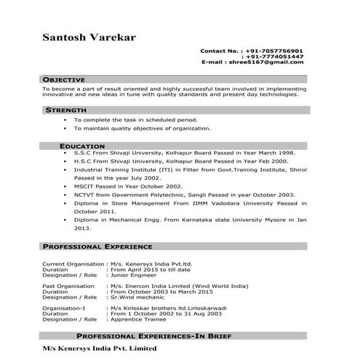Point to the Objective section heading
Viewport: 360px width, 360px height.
pyautogui.click(x=63, y=79)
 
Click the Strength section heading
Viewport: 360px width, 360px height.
pyautogui.click(x=66, y=110)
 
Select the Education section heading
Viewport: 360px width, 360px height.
pyautogui.click(x=82, y=146)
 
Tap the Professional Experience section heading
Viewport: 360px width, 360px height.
pyautogui.click(x=97, y=247)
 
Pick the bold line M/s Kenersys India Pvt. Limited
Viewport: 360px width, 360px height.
pyautogui.click(x=99, y=348)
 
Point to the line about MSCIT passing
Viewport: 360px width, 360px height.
pyautogui.click(x=132, y=186)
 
